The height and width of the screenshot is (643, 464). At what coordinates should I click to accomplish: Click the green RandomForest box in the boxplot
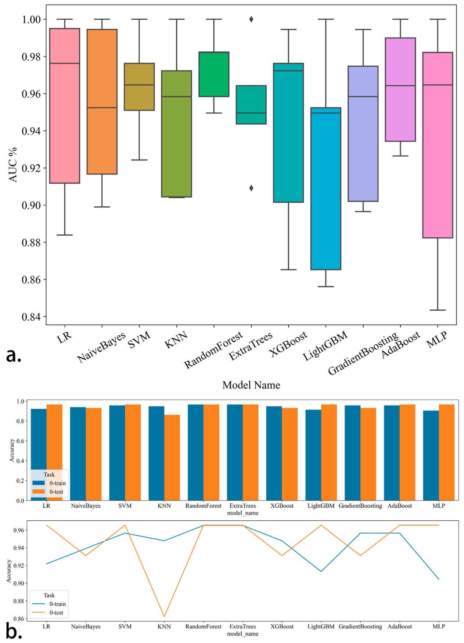coord(214,74)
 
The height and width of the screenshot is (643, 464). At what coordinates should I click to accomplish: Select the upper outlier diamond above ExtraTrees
coord(251,19)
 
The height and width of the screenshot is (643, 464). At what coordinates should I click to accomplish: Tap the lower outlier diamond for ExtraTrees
coord(251,188)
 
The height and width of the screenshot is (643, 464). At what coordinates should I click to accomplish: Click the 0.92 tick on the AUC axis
coord(31,168)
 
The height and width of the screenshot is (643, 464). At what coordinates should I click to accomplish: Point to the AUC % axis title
coord(13,165)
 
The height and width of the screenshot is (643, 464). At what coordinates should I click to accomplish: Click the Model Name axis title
coord(251,385)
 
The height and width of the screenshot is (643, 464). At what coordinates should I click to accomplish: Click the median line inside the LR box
coord(65,64)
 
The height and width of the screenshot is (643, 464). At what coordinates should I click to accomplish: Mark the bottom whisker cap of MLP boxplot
coord(438,310)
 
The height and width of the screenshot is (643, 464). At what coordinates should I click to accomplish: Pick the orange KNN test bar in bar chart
coord(172,457)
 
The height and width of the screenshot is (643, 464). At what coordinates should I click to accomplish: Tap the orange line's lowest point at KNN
coord(164,617)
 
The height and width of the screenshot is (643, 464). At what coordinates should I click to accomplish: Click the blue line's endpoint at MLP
coord(439,579)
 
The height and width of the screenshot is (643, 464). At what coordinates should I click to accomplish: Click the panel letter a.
coord(14,355)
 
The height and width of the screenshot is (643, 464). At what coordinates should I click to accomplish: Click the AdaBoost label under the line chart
coord(400,626)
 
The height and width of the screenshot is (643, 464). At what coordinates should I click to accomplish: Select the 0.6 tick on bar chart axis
coord(21,441)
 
